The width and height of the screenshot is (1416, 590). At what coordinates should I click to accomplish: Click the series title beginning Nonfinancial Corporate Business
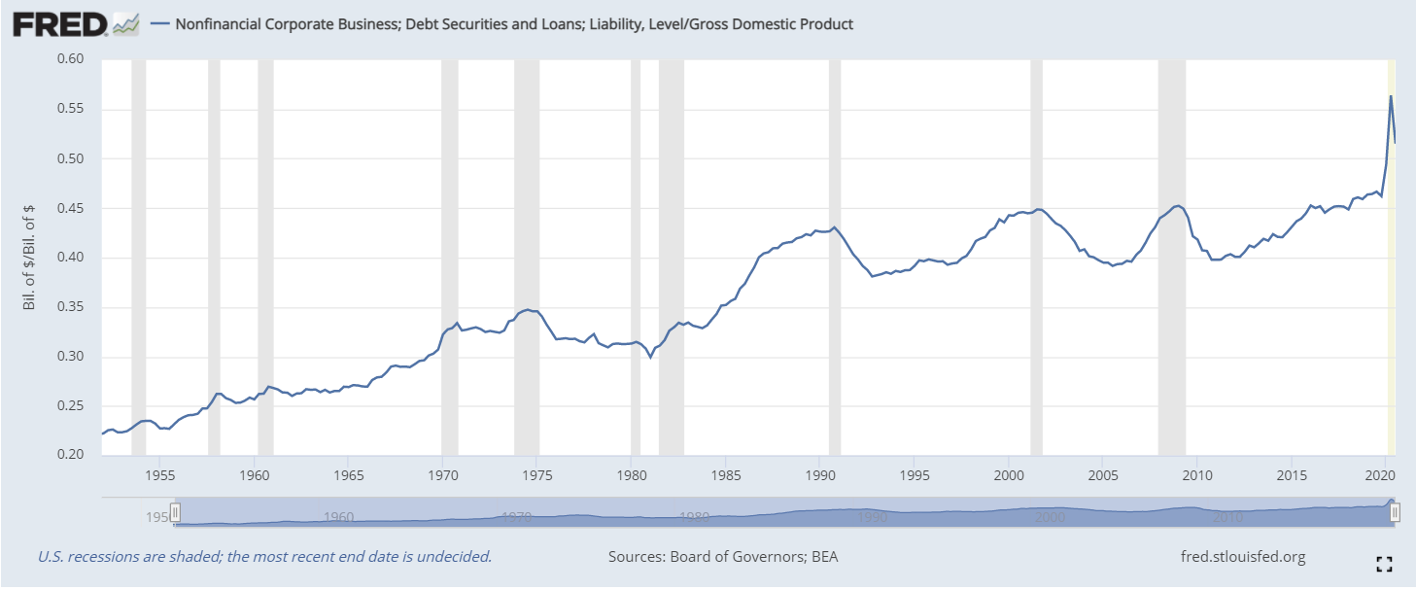513,24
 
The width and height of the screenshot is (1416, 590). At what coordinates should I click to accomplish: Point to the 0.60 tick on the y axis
71,59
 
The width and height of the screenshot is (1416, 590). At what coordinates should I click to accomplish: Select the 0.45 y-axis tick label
71,208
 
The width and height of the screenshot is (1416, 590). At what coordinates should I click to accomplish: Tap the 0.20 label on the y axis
71,455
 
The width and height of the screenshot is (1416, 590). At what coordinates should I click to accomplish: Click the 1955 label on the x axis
160,475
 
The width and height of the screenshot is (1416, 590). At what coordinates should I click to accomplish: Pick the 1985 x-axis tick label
725,475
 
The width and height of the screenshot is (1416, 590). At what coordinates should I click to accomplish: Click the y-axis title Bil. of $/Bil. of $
28,257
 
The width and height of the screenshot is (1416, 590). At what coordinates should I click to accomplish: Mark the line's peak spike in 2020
1391,96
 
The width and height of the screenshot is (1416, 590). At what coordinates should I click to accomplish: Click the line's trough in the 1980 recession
650,357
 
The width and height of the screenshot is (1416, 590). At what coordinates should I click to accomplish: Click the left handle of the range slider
175,512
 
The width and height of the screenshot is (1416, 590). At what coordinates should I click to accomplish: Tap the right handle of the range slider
1394,512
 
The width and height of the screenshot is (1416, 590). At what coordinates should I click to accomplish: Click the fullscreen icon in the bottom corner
1385,563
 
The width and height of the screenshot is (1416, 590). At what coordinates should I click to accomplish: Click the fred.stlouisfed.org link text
1241,557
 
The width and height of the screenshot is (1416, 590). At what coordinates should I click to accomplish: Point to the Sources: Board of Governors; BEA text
723,557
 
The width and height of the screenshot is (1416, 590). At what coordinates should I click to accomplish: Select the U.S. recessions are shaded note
264,557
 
